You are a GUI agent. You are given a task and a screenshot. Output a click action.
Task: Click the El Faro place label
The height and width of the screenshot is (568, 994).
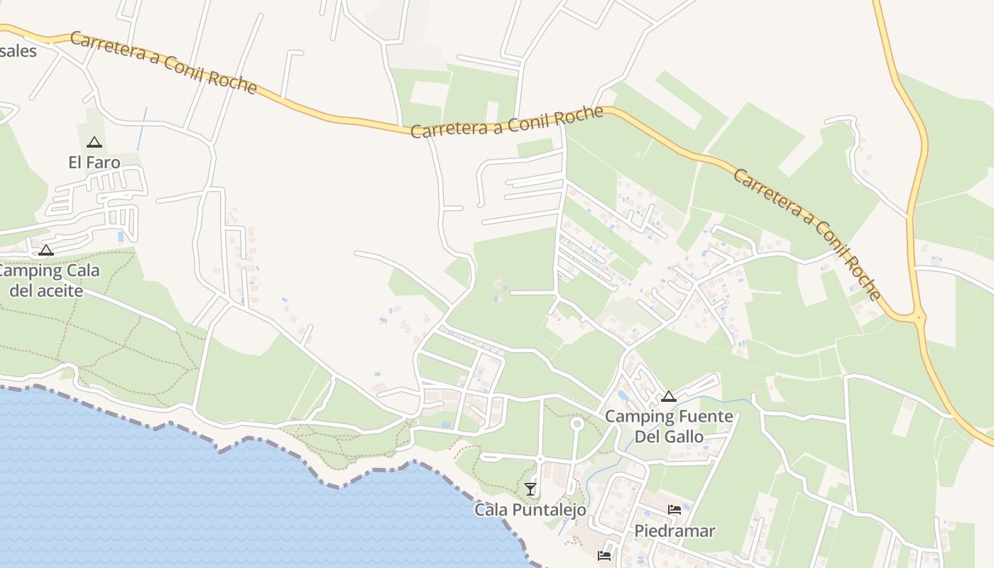[x=94, y=163]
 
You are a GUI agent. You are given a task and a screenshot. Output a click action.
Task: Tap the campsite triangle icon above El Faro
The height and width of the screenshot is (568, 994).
[x=94, y=143]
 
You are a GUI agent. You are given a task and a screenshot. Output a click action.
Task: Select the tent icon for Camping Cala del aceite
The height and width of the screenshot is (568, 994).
[x=46, y=250]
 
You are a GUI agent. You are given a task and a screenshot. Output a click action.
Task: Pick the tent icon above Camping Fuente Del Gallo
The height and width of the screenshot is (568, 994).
[x=668, y=396]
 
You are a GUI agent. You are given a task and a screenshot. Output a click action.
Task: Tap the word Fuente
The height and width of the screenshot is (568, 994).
[x=689, y=416]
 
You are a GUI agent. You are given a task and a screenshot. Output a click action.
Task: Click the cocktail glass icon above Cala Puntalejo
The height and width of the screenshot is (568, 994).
[x=530, y=488]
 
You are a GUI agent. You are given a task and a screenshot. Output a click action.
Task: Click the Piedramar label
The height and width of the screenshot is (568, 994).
[x=674, y=530]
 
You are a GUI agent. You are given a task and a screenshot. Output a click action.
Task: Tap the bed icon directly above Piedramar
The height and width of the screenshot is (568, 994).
[x=674, y=509]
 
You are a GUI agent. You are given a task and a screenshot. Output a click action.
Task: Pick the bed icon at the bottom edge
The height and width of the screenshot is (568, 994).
[x=604, y=555]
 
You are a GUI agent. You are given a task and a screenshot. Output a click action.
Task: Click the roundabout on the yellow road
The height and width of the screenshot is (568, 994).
[x=919, y=317]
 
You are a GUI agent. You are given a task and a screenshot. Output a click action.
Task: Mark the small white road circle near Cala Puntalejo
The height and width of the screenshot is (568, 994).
[x=577, y=424]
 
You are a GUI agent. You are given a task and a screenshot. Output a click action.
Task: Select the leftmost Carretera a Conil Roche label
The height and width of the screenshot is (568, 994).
[x=163, y=62]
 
